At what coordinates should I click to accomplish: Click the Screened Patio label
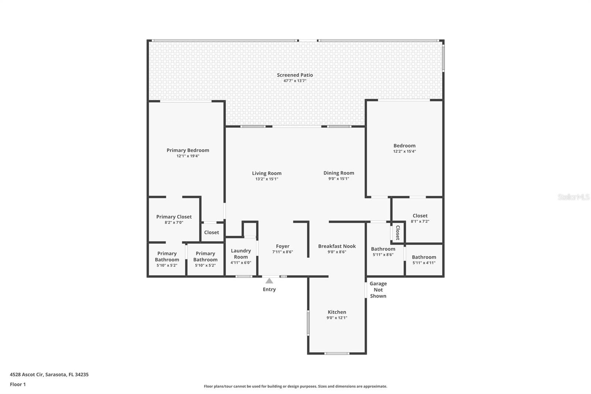coord(295,75)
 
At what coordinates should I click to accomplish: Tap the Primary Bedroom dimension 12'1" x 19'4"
coord(188,156)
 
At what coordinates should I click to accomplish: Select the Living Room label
coord(267,173)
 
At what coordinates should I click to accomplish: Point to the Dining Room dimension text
coord(339,179)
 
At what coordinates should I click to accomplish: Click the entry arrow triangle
coord(269,281)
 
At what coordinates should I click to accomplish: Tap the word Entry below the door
coord(269,289)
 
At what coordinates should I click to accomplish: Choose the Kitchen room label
coord(337,312)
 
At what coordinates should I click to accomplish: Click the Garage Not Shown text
coord(378,290)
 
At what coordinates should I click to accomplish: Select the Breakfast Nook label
coord(337,246)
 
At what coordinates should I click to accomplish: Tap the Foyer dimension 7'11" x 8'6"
coord(283,252)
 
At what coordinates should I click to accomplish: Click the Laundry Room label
coord(241,254)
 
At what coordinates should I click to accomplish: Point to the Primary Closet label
coord(174,217)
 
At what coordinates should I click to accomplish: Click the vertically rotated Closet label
coord(398,232)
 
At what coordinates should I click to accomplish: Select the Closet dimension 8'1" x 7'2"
coord(420,221)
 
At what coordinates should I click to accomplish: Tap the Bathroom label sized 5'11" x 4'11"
coord(424,257)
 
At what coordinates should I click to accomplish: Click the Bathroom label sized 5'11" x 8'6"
coord(383,249)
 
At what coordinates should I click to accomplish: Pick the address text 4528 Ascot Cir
coord(26,374)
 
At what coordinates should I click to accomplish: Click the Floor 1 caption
coord(18,384)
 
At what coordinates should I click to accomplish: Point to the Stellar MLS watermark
coord(574,197)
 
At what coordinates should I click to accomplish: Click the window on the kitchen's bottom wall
coord(337,353)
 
